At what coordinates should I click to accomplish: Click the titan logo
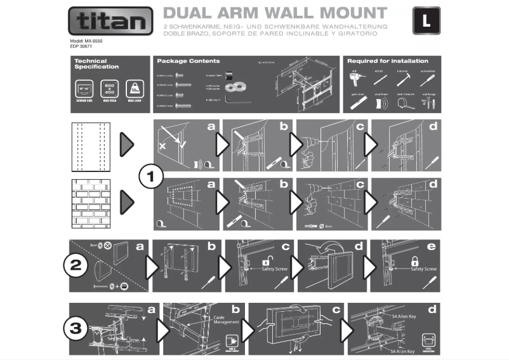coord(110,22)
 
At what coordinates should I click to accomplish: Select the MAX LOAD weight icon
coord(134,88)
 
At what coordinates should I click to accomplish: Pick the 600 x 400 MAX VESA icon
coord(110,88)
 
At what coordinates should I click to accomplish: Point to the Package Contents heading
coord(188,61)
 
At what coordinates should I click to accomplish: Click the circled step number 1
coord(151,177)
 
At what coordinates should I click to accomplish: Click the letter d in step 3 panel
coord(432,311)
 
